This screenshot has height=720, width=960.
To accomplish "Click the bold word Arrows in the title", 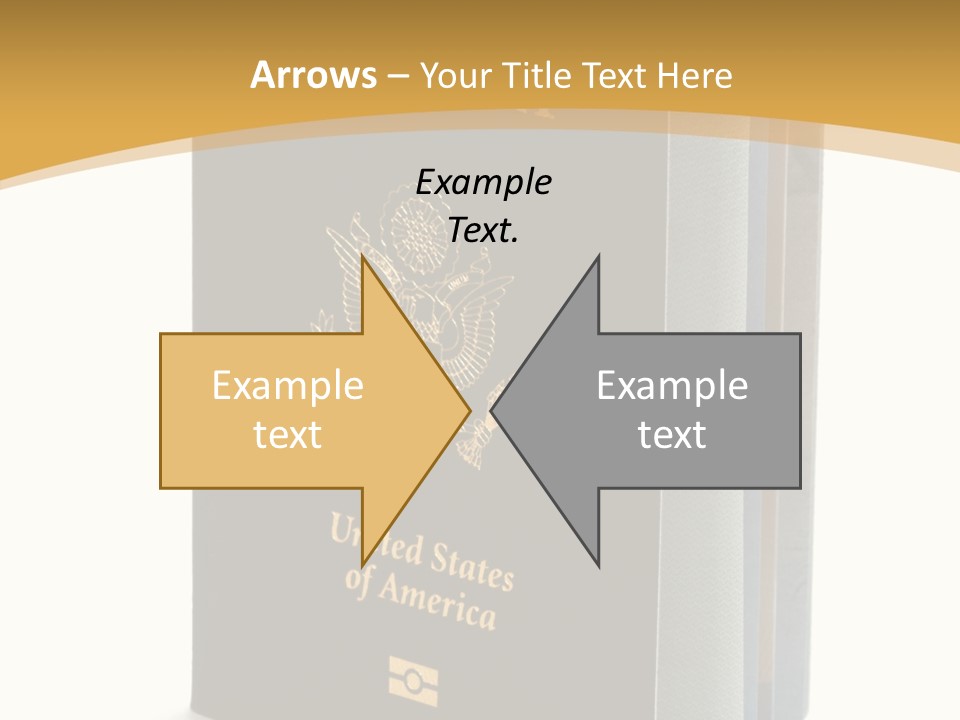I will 314,75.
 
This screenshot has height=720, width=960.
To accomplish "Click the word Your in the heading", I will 456,75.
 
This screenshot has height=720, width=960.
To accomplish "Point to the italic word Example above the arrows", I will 483,182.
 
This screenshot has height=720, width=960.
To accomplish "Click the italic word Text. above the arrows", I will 483,230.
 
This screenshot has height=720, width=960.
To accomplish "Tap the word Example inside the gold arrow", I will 287,385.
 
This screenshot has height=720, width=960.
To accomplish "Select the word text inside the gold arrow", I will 287,434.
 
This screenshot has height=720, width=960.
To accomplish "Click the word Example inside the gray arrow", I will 672,385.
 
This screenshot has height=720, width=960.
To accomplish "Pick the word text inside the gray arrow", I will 672,434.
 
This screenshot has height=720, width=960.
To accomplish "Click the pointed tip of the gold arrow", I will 469,410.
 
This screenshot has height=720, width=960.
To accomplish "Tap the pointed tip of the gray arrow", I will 493,410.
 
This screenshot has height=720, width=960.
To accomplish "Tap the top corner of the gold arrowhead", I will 363,257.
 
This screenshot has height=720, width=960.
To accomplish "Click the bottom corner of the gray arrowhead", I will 598,565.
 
